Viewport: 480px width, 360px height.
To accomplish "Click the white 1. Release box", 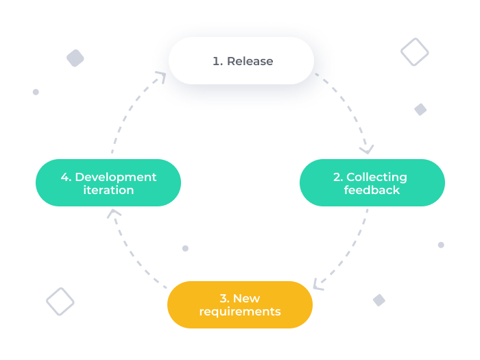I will click(x=241, y=60).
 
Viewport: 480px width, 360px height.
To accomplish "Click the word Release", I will click(x=250, y=61).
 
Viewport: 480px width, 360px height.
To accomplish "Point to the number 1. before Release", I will click(x=217, y=61).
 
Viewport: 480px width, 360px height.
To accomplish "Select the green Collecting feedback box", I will click(x=372, y=182).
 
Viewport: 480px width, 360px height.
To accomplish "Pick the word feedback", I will click(x=372, y=190).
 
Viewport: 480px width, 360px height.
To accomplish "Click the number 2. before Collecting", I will click(x=338, y=177).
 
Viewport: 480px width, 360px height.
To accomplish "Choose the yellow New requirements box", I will click(x=240, y=304).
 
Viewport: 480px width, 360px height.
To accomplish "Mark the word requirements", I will click(x=240, y=311).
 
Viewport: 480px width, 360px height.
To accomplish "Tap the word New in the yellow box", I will click(x=246, y=298).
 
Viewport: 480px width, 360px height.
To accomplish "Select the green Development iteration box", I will click(x=108, y=182).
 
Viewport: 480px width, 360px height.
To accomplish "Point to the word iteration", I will click(x=108, y=190).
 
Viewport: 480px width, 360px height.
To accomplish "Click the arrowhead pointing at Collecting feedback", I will click(x=368, y=148).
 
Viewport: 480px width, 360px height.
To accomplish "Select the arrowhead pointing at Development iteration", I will click(x=114, y=213).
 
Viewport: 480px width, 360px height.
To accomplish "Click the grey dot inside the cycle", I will click(x=185, y=248).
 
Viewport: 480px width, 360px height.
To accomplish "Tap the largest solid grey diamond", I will click(x=75, y=58).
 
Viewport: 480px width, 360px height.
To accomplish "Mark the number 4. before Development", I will click(x=66, y=177).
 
